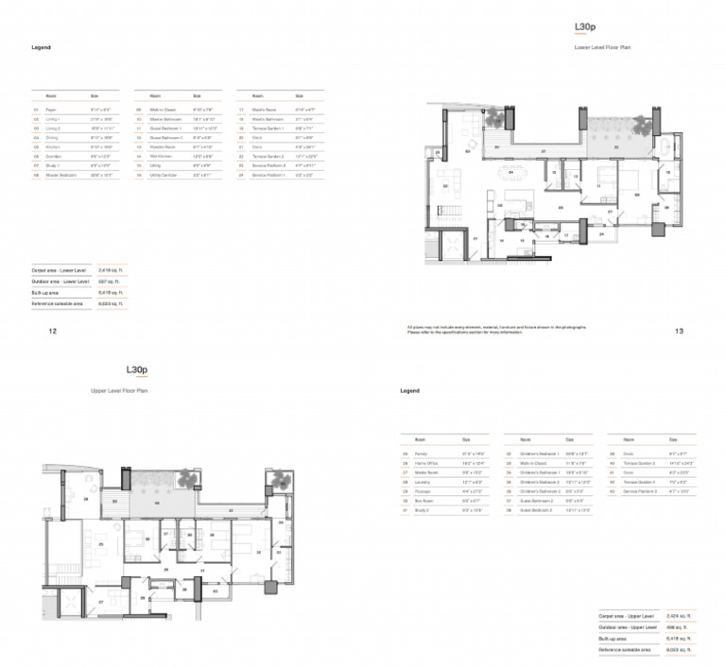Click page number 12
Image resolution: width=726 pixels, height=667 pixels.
coord(53,332)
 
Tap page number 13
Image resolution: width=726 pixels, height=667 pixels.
coord(679,332)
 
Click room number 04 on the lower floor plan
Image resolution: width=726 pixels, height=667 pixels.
coord(511,173)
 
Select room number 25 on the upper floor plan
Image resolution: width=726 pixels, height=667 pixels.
coord(101,545)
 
